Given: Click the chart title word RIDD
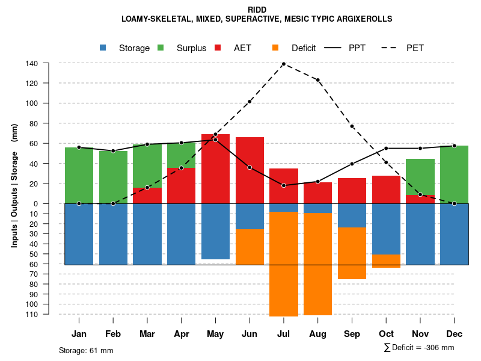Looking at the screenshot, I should click(257, 10).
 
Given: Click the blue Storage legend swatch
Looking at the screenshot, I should click(103, 48).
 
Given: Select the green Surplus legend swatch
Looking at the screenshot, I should click(161, 48).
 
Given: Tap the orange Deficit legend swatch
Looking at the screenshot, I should click(276, 48).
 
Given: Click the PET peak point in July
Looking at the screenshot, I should click(283, 64).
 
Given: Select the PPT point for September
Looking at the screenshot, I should click(352, 164).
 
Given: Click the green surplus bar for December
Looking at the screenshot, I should click(454, 174).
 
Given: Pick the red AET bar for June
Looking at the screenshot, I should click(250, 170).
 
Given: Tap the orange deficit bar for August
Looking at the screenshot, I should click(317, 264).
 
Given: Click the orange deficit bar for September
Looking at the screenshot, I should click(352, 253).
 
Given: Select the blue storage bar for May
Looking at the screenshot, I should click(215, 232).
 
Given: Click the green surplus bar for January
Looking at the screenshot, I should click(79, 175).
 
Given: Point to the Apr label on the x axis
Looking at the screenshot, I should click(181, 334).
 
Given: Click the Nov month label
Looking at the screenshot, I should click(420, 334).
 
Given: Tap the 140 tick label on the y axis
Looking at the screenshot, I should click(32, 63).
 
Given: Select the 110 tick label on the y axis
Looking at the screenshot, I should click(32, 314).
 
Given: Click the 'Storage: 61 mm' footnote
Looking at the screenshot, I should click(86, 350).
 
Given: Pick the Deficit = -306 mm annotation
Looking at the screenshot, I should click(419, 347).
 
